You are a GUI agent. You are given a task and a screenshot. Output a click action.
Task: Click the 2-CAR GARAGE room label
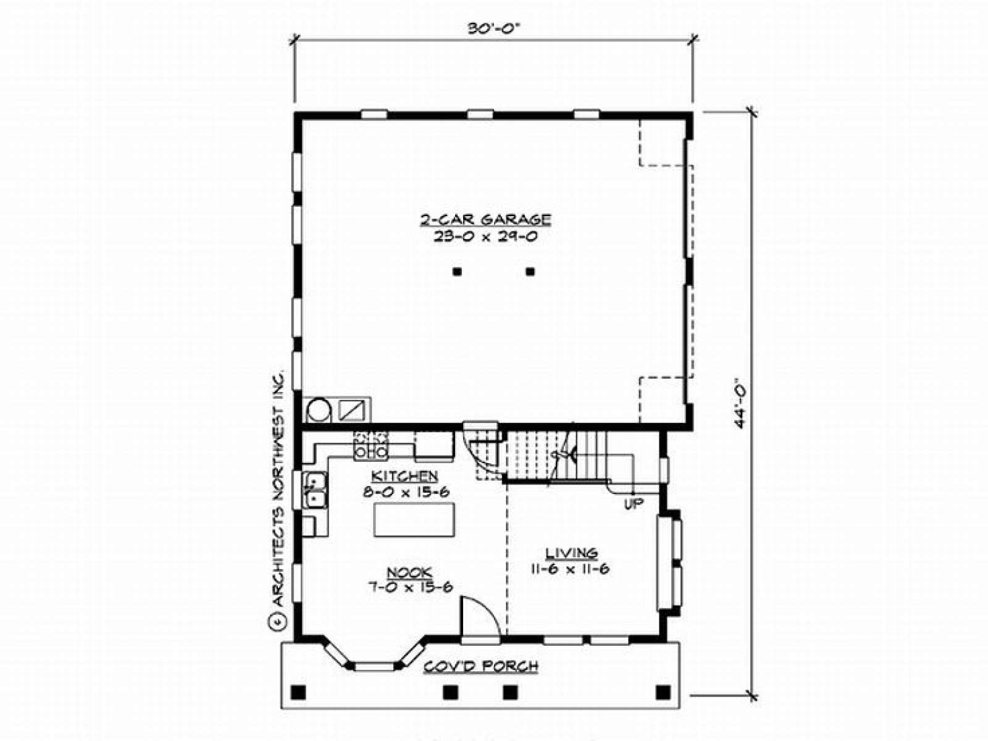(485, 220)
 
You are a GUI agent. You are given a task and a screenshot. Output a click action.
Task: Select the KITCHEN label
(404, 475)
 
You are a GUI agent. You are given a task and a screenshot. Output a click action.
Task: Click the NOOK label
(409, 572)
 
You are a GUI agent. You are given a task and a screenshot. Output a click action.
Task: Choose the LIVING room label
(572, 553)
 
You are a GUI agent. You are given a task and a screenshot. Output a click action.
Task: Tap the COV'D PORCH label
(480, 666)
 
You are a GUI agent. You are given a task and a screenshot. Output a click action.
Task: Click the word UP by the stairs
(634, 504)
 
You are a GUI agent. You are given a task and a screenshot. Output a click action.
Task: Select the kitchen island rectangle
(414, 520)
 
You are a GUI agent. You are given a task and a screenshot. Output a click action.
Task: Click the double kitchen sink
(315, 490)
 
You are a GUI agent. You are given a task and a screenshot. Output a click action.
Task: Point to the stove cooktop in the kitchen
(371, 445)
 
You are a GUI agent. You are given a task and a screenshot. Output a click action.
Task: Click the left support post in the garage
(458, 271)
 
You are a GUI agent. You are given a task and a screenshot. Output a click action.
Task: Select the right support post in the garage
(530, 271)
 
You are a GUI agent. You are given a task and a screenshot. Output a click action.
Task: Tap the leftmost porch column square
(298, 692)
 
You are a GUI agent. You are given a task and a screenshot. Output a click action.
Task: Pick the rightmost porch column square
(663, 692)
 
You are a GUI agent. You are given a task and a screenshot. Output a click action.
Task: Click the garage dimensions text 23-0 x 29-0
(485, 237)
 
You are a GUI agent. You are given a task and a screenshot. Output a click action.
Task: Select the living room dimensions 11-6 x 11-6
(570, 569)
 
